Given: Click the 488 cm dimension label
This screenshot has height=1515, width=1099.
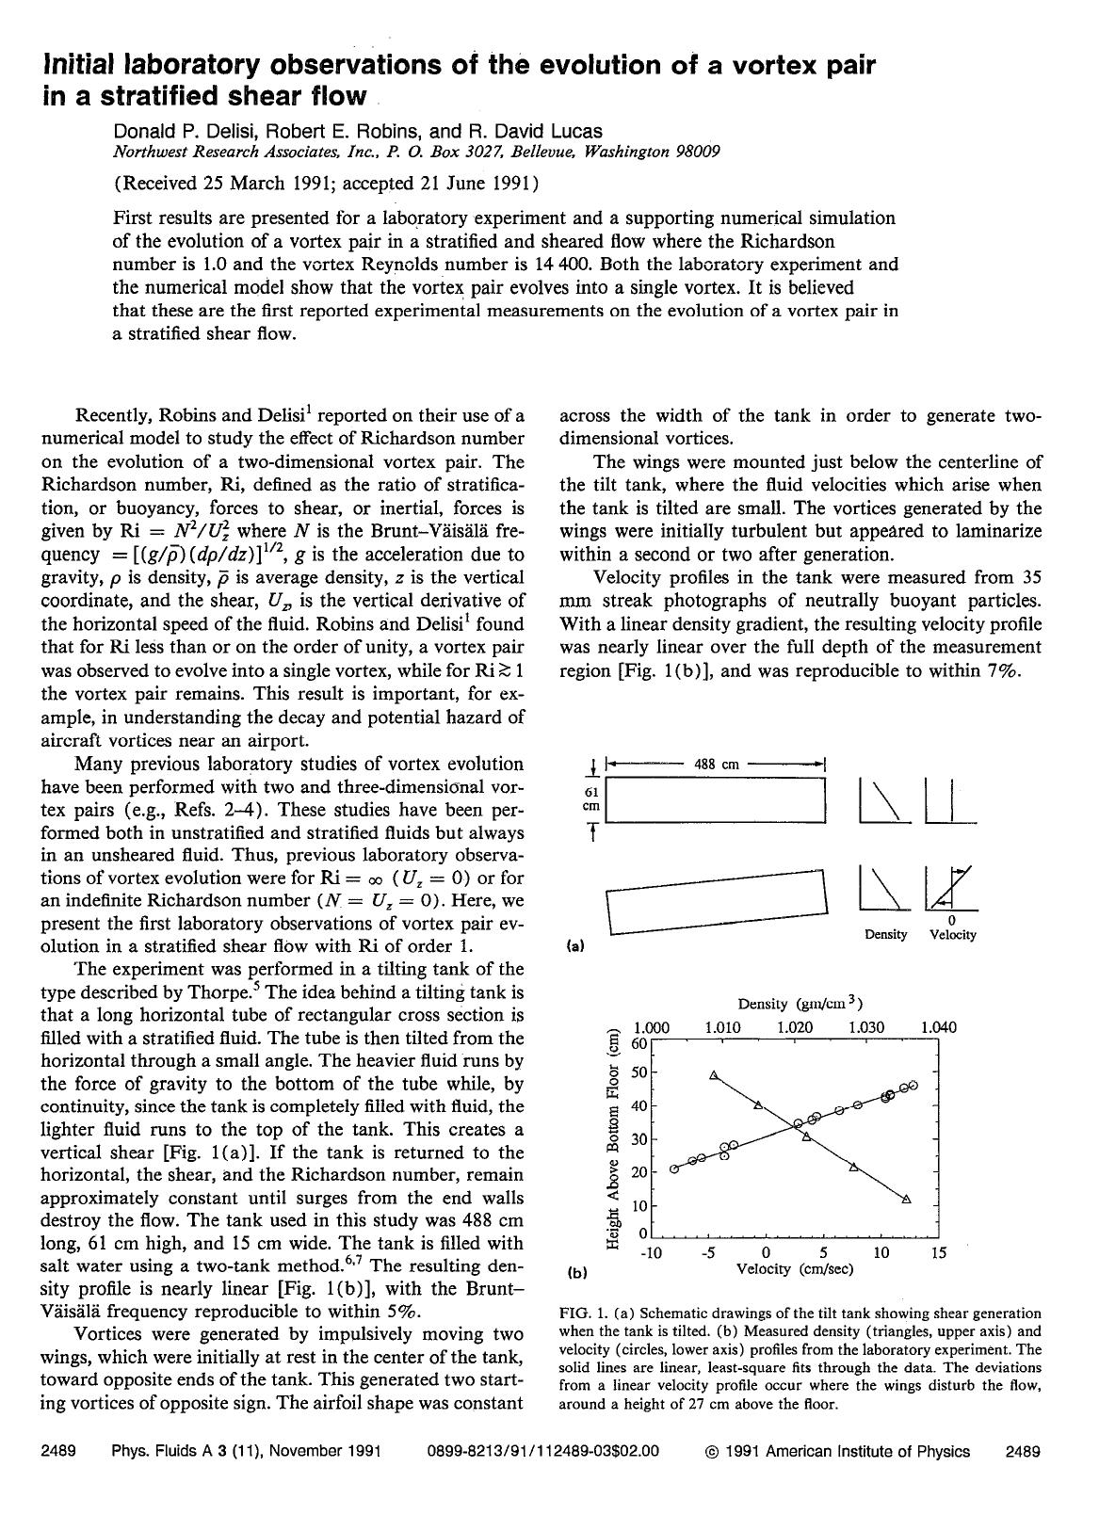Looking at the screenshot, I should [x=716, y=765].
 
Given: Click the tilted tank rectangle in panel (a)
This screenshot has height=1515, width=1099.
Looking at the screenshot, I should [x=716, y=902].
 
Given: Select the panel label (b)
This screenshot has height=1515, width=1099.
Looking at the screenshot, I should [x=577, y=1272].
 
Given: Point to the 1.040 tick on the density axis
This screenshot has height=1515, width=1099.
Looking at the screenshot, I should [x=938, y=1027].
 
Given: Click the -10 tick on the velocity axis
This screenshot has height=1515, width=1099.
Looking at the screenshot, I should [x=651, y=1252].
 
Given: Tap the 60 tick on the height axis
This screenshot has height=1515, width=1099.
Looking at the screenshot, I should [x=639, y=1043].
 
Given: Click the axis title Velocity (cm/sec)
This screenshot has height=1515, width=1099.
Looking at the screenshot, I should [x=794, y=1269].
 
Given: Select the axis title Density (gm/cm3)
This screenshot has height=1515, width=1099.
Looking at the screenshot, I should [x=800, y=1004].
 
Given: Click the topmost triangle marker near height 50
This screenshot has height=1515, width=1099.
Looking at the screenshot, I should [x=714, y=1074].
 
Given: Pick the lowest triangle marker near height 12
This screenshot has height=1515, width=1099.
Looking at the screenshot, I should [x=906, y=1199].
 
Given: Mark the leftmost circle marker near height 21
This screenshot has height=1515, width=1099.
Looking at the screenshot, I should [x=674, y=1168].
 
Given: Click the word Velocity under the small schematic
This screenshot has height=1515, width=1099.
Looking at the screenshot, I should [x=952, y=935].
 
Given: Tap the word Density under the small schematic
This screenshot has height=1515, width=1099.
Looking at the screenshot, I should [x=885, y=935].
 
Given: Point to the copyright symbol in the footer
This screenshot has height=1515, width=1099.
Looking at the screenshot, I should [x=711, y=1452].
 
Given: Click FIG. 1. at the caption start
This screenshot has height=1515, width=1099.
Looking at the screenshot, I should [x=584, y=1314].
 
